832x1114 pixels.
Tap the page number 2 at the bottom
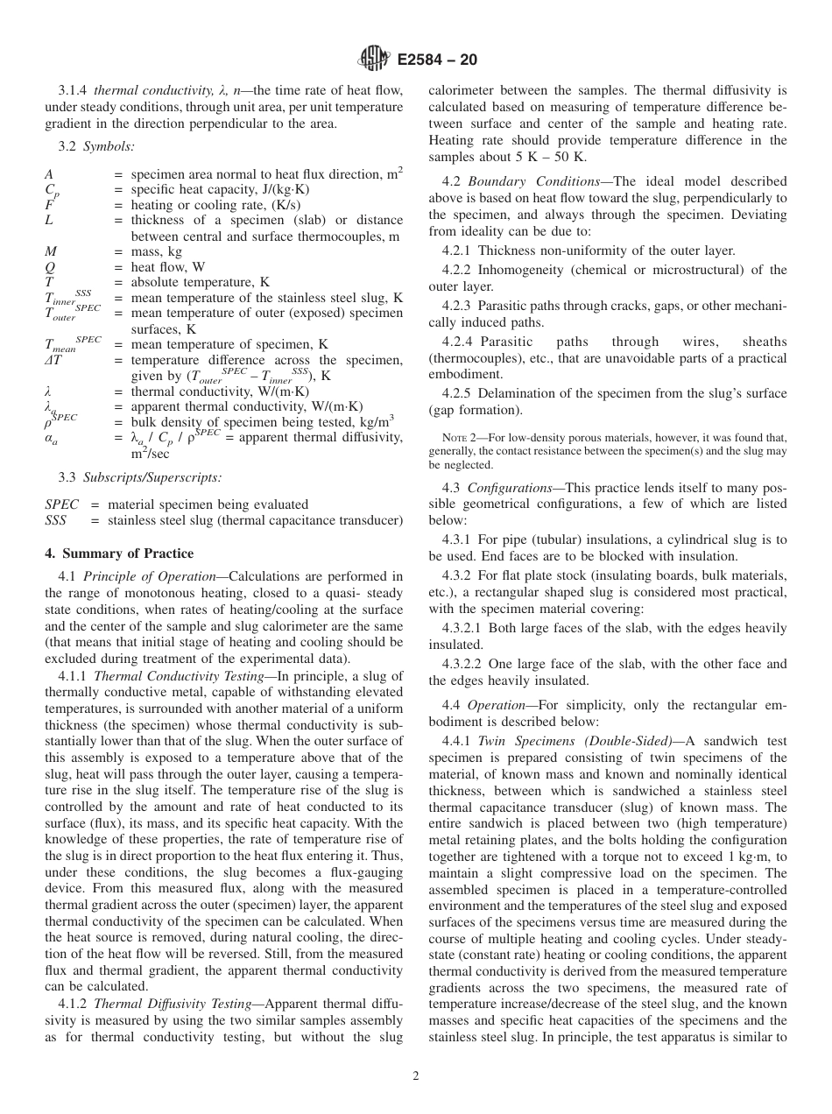pyautogui.click(x=416, y=1076)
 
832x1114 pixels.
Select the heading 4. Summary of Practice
pyautogui.click(x=119, y=553)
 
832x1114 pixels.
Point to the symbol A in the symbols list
pyautogui.click(x=49, y=174)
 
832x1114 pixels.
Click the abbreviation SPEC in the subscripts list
pyautogui.click(x=61, y=504)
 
